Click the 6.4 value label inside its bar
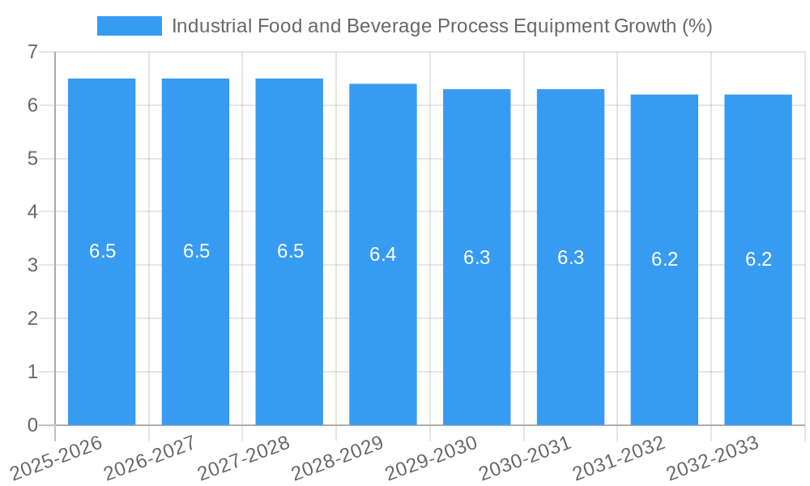pos(383,254)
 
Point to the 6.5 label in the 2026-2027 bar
pos(196,251)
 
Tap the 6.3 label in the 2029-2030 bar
pos(477,258)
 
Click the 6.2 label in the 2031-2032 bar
pos(664,259)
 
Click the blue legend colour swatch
pos(129,26)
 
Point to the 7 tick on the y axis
pos(32,53)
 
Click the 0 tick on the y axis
pos(32,425)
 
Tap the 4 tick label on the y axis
pos(32,212)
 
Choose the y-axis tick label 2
pos(32,318)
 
